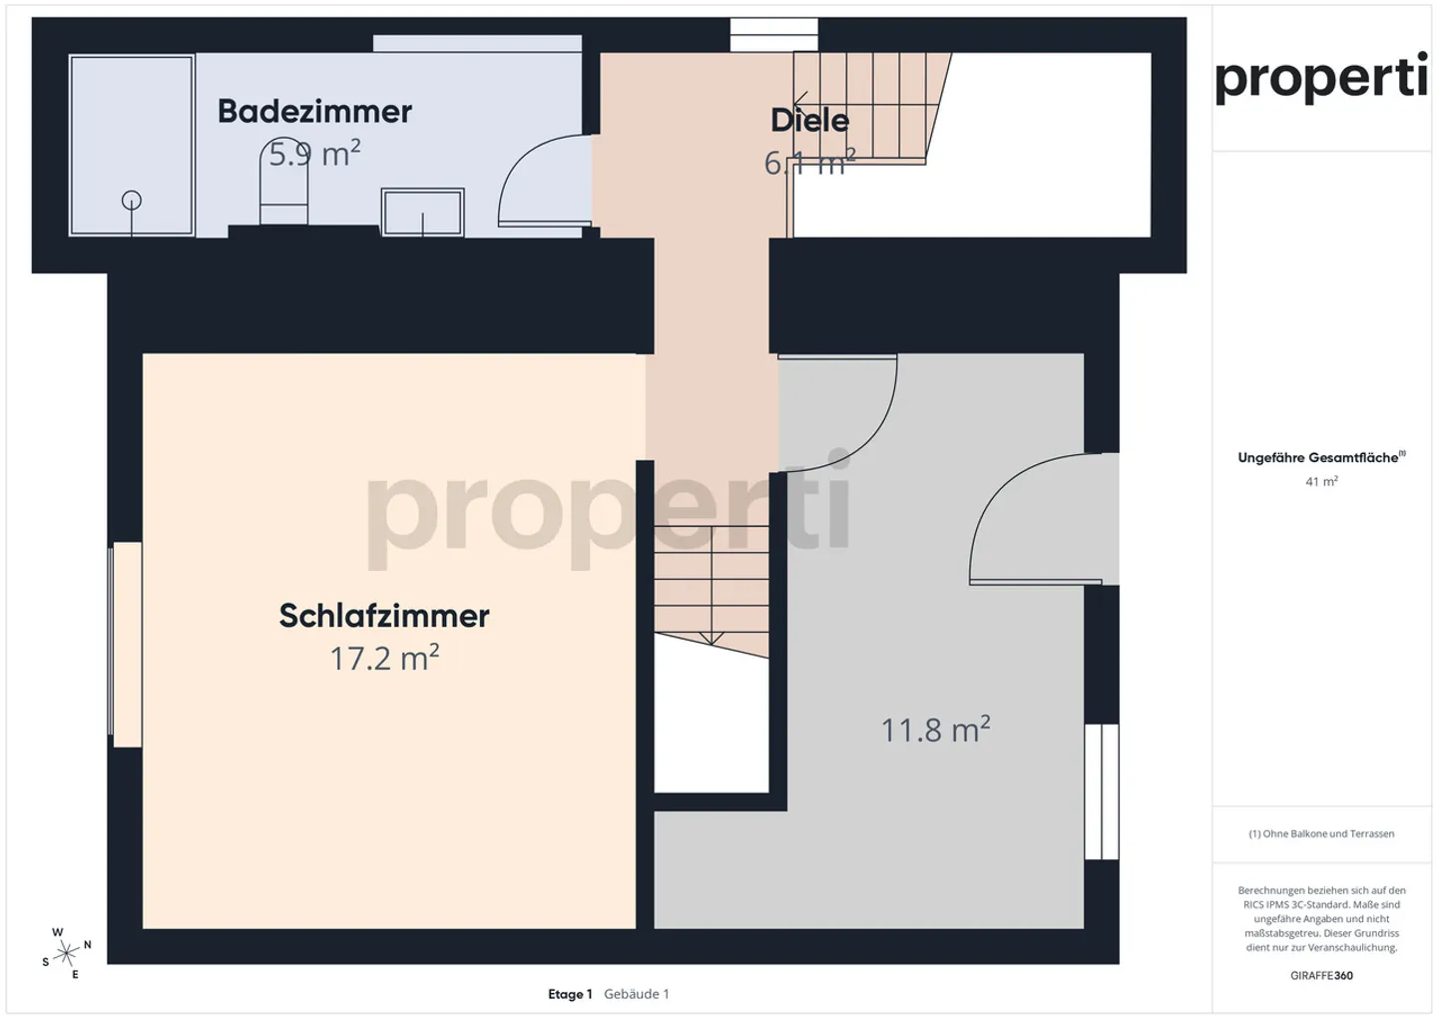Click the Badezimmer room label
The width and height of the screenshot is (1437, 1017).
coord(314,111)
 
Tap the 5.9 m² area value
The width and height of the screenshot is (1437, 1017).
coord(314,154)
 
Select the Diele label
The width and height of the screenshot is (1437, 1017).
coord(809,120)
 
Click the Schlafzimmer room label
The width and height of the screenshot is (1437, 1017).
coord(384,616)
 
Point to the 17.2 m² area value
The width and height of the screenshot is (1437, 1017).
coord(384,659)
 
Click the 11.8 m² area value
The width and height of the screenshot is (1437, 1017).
coord(935,730)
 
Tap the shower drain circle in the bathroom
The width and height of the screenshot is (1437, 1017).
coord(132,201)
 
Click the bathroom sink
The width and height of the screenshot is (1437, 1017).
coord(423,213)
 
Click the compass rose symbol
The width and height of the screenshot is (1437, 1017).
coord(67,953)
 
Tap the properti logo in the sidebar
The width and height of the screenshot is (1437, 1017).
coord(1320,78)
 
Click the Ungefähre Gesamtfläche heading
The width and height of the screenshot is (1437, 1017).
coord(1320,458)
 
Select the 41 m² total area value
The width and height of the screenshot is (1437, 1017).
coord(1321,481)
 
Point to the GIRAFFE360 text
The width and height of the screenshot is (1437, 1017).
coord(1321,975)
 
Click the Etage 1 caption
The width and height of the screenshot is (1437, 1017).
coord(570,994)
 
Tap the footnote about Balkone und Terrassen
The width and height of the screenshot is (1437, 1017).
coord(1321,833)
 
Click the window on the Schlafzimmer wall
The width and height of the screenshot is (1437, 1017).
coord(126,645)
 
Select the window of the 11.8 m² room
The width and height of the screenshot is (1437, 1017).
coord(1102,791)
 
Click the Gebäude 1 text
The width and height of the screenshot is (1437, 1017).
coord(637,994)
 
